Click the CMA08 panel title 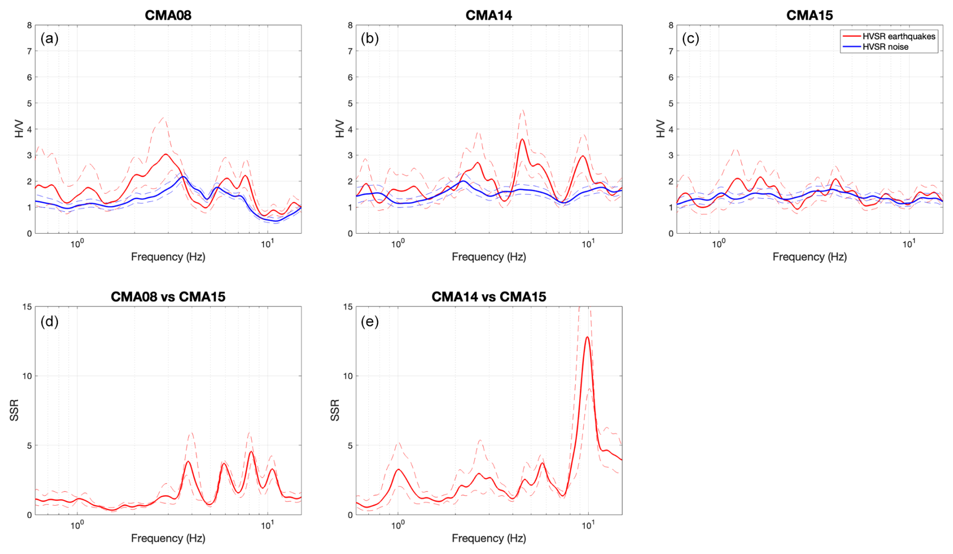tap(168, 15)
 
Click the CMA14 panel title tap(489, 15)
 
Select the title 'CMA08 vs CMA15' tap(168, 297)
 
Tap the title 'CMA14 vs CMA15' tap(489, 297)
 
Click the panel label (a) tap(49, 38)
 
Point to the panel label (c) tap(690, 38)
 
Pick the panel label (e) tap(370, 321)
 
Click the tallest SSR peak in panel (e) tap(587, 337)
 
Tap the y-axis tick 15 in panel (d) tap(27, 307)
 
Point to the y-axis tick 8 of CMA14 tap(350, 25)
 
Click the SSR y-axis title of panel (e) tap(335, 410)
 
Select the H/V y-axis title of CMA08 tap(19, 129)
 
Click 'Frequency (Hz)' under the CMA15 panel tap(809, 257)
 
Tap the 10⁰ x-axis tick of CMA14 tap(398, 244)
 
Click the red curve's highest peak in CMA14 tap(523, 140)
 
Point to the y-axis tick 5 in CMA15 tap(670, 103)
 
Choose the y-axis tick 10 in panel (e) tap(348, 376)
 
